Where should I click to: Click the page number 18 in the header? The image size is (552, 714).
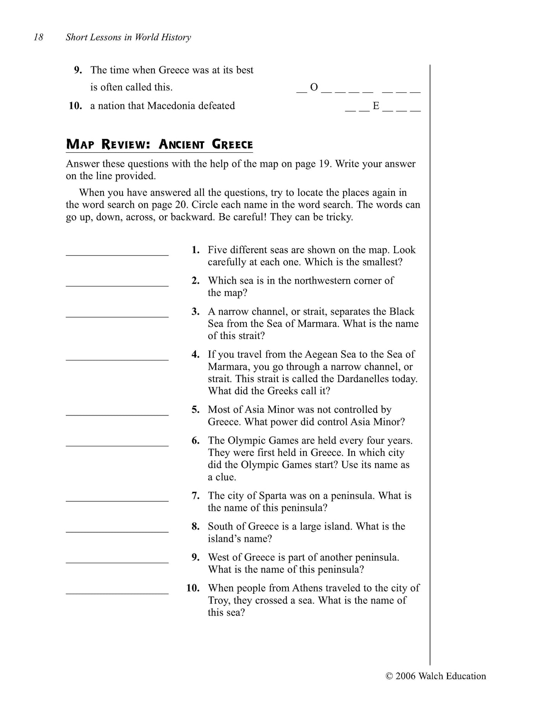[39, 37]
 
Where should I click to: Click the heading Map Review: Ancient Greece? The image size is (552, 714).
[159, 144]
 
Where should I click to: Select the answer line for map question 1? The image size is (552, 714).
[117, 255]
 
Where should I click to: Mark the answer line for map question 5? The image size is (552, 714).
[117, 414]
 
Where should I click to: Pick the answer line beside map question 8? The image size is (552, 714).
[117, 531]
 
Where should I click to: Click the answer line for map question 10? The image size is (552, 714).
[117, 593]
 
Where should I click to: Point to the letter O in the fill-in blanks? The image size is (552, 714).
[314, 87]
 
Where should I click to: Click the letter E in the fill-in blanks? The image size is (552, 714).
[376, 106]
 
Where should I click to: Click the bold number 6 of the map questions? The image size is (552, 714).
[196, 441]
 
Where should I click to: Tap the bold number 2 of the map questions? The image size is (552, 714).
[196, 281]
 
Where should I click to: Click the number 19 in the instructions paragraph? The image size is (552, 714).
[322, 164]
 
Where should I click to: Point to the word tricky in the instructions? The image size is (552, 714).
[339, 217]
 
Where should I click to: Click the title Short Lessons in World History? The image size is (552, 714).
[128, 37]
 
